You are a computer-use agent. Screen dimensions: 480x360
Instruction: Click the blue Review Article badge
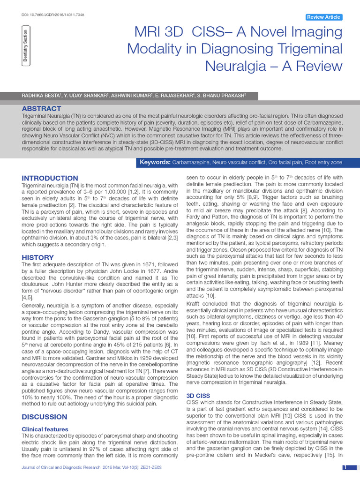tap(323, 17)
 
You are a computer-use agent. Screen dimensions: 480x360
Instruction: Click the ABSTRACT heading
tap(42, 108)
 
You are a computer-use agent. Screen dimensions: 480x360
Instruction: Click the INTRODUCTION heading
tap(50, 178)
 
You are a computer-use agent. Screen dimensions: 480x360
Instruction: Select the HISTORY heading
tap(38, 257)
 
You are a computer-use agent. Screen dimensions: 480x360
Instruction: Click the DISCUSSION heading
tap(45, 417)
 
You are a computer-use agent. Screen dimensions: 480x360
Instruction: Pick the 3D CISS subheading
tap(198, 396)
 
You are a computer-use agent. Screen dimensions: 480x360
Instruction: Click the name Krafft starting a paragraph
tap(196, 304)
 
